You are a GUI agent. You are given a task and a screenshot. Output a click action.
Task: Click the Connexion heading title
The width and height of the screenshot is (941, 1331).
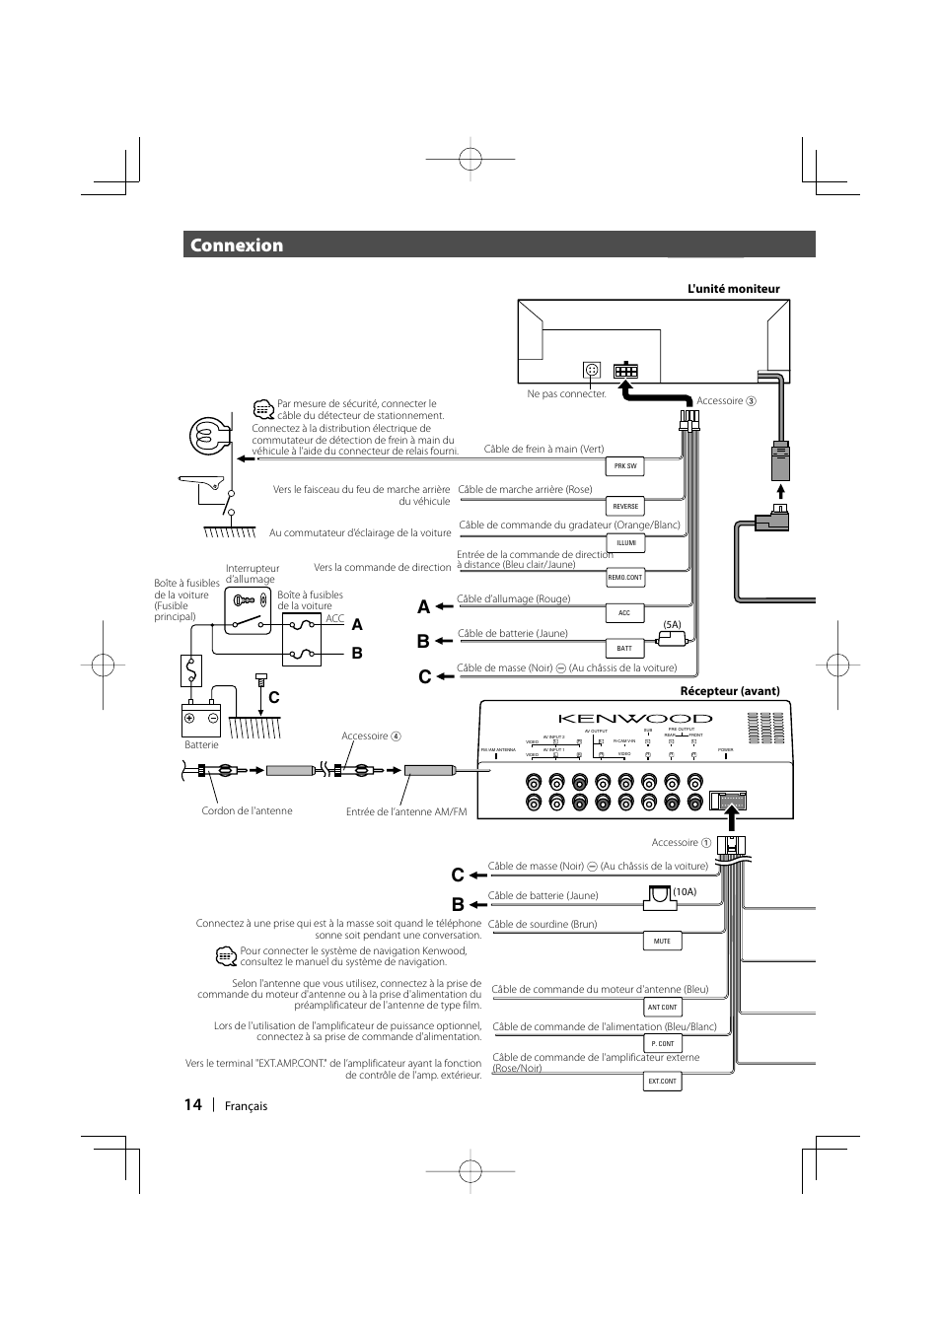click(237, 245)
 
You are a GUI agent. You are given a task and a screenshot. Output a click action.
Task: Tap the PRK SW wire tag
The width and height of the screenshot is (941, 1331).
click(625, 465)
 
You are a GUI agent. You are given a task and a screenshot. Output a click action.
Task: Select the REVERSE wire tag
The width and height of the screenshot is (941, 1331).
click(625, 506)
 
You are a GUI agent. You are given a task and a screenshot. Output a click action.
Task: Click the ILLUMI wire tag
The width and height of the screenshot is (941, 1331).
click(625, 542)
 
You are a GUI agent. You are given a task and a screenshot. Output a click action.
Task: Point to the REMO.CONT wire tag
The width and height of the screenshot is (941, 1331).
click(625, 578)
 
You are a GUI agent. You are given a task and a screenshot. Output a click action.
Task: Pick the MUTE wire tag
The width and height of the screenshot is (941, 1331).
click(662, 941)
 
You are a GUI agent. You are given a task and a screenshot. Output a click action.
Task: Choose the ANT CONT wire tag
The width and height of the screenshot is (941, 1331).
click(662, 1007)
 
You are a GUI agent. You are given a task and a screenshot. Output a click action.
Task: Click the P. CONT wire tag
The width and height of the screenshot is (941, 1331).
click(662, 1043)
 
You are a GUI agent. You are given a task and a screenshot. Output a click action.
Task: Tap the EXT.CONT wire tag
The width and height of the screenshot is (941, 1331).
click(662, 1081)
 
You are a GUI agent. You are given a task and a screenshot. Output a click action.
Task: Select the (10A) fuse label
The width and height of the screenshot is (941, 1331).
click(685, 891)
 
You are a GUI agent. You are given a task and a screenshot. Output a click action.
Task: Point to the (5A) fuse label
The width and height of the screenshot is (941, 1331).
click(672, 624)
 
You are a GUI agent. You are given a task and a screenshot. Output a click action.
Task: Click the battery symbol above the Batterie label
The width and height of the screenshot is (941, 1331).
click(201, 720)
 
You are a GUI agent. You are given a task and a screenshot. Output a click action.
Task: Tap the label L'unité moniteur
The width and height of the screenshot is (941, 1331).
click(733, 289)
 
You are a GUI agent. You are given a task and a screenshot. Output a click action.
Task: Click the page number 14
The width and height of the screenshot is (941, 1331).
click(192, 1104)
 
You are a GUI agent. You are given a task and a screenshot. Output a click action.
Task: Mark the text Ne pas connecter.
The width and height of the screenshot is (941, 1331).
click(566, 393)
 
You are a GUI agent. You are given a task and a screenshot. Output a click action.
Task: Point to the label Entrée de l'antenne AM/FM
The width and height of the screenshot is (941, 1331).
click(406, 811)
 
